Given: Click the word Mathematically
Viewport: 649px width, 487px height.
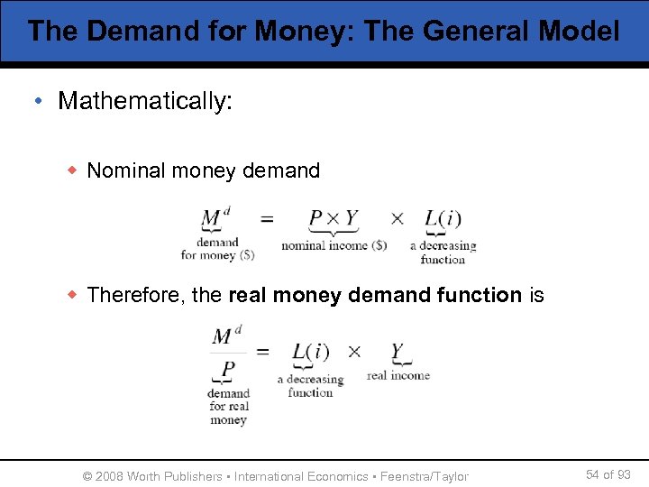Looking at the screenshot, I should (x=144, y=100).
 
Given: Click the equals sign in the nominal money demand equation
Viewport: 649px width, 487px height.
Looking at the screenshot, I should (x=267, y=218).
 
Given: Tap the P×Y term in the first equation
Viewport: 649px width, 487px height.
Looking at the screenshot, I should (x=333, y=219).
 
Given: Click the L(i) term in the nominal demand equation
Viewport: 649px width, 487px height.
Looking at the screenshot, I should (x=443, y=219).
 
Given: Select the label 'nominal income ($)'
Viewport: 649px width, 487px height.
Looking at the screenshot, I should (x=334, y=245).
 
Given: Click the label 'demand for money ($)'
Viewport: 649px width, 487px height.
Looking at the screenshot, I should (x=217, y=248).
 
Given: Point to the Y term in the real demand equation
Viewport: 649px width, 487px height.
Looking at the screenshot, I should (x=398, y=351).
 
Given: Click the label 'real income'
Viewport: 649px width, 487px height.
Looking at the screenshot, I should (x=398, y=375).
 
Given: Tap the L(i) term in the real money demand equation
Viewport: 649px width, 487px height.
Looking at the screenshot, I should (x=310, y=351).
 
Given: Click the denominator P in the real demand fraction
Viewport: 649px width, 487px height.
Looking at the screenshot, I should (x=228, y=369).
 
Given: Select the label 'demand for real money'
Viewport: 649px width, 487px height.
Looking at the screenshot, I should (x=228, y=406).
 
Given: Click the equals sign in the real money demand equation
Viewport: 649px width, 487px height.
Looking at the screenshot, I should (x=263, y=352).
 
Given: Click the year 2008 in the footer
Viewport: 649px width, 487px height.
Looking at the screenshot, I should (x=108, y=475).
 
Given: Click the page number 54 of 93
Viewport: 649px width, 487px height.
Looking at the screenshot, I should (x=608, y=474).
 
